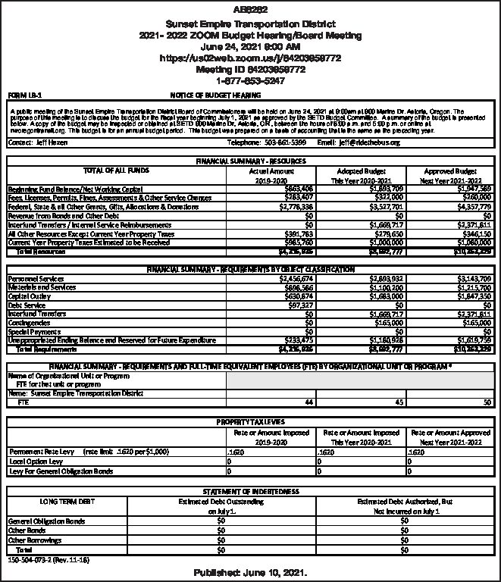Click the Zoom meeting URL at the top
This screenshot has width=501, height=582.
click(250, 58)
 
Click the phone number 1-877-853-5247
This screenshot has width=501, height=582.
click(250, 80)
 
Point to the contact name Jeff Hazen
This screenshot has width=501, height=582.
click(45, 142)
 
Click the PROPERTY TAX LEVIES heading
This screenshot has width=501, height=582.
click(249, 421)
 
